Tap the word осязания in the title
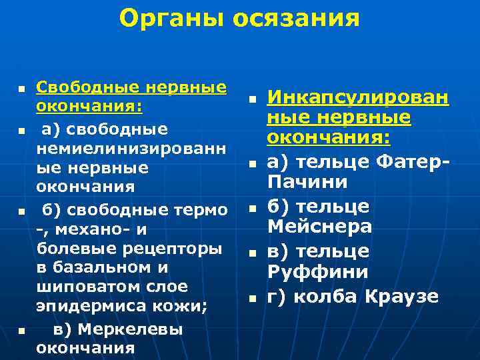pos(296,19)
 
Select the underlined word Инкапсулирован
pos(358,99)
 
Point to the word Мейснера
pos(319,227)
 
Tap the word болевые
pos(69,249)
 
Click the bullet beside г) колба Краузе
pos(253,298)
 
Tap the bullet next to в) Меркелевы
pos(22,330)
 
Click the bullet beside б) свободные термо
pos(22,211)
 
